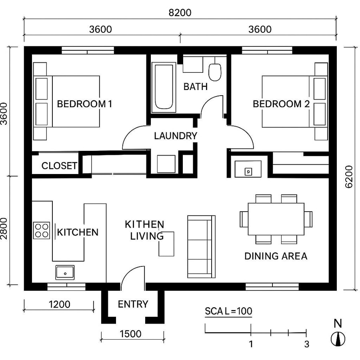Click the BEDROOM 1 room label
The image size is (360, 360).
pos(84,104)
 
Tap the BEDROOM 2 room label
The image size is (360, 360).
pos(281,104)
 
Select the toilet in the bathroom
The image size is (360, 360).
pos(215,72)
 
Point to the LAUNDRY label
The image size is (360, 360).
pos(176,136)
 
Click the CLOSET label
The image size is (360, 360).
pos(59,166)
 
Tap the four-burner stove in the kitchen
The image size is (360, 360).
pos(42,230)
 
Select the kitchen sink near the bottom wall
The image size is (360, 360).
pos(64,272)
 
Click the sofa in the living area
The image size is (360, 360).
pos(201,246)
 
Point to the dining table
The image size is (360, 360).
pos(276,219)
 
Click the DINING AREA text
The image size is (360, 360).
pos(276,256)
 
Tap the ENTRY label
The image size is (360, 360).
pos(133,304)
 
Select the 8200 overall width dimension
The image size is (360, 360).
pos(180,13)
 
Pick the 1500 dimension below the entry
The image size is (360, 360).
pos(130,334)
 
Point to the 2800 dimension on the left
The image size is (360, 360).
pos(5,228)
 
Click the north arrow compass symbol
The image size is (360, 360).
pos(338,339)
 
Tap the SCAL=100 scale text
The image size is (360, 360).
pos(228,311)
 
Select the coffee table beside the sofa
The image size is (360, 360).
pos(166,244)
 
